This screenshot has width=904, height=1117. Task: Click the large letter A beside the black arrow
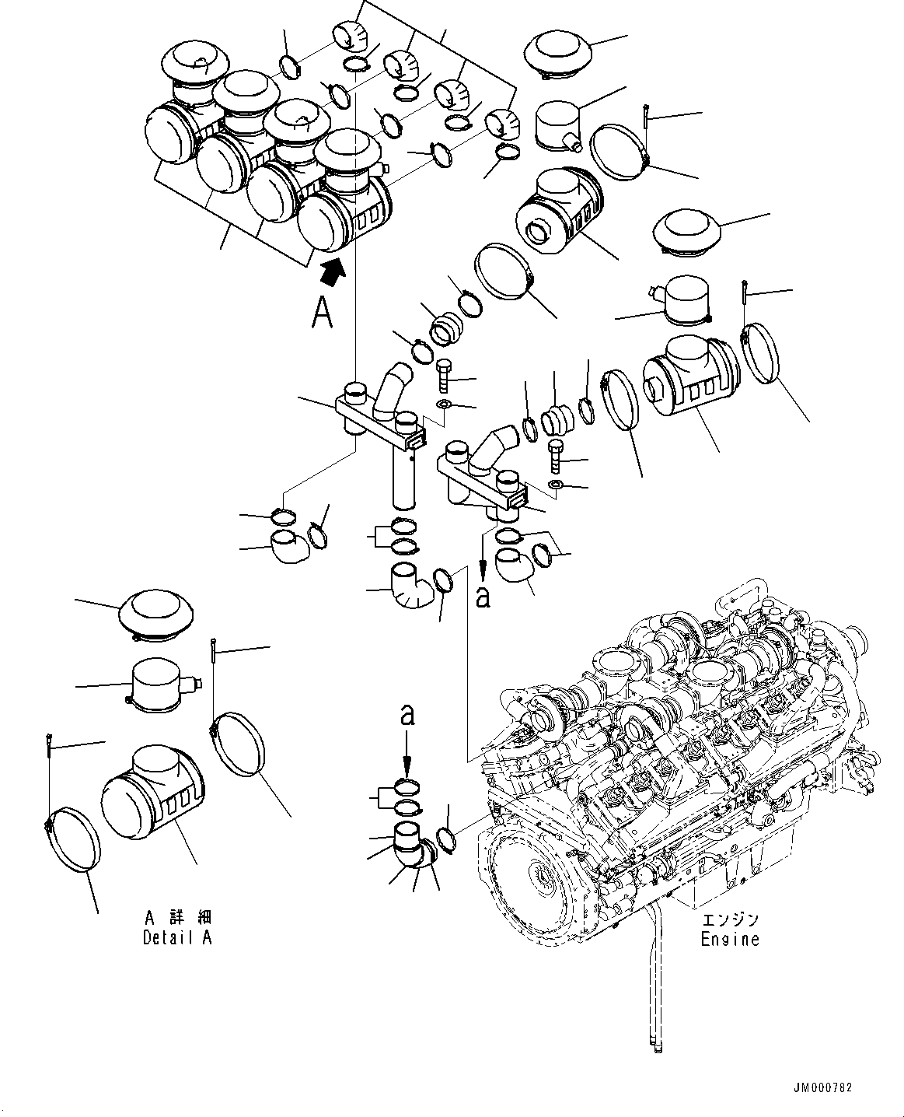tap(322, 312)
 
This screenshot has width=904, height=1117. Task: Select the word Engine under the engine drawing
tap(729, 939)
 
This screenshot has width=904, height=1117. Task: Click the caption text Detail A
tap(177, 937)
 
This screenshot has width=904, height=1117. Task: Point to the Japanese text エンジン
tap(729, 919)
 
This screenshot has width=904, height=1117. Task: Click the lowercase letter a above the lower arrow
tap(407, 715)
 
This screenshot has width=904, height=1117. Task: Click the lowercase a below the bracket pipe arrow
tap(483, 597)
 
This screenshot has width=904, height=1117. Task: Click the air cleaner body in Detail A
tap(152, 798)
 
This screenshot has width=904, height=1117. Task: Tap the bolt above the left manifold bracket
tap(444, 377)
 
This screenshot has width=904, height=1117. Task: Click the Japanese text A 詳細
tap(176, 918)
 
